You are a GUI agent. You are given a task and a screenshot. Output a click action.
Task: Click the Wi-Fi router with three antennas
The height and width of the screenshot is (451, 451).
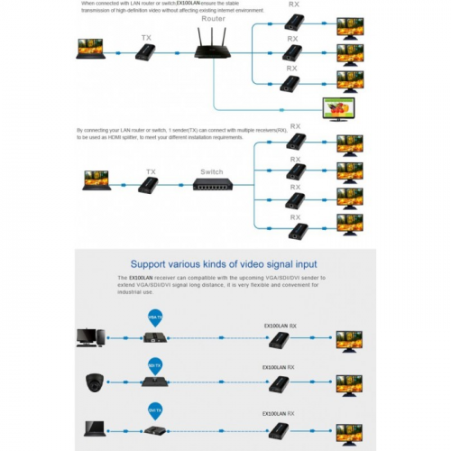213,44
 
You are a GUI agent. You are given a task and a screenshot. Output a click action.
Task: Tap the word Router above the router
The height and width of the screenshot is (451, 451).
214,16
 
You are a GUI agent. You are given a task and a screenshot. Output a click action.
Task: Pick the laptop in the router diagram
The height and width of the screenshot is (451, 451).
90,50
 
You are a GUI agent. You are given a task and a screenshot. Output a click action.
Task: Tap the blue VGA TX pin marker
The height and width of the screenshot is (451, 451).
153,318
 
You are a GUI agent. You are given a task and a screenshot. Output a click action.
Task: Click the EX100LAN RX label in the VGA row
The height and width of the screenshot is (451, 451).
281,325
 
